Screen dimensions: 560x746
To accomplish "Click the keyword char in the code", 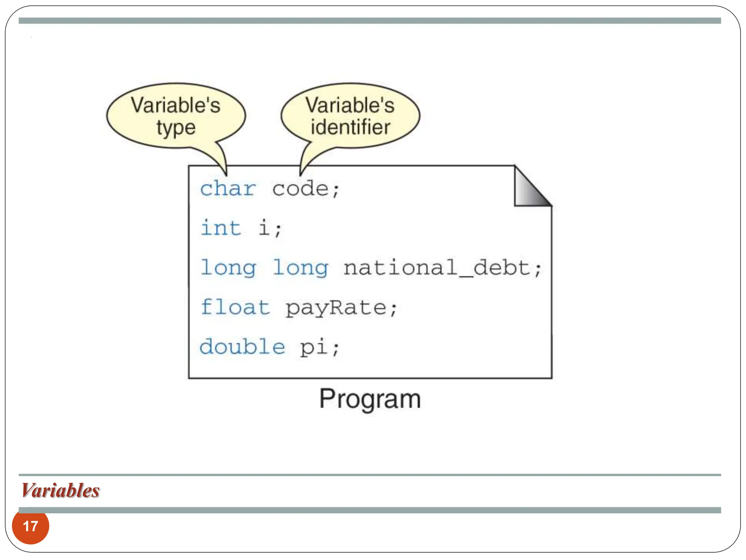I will click(228, 189).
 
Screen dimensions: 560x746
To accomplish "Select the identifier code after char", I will click(300, 189).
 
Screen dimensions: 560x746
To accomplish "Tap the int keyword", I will click(221, 228).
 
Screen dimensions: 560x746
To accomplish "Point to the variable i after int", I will click(264, 228).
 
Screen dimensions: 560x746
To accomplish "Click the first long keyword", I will click(228, 268).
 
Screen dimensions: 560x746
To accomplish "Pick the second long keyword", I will click(300, 268).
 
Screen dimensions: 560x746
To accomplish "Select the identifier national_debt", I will click(436, 268).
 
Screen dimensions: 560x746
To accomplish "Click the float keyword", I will click(235, 307).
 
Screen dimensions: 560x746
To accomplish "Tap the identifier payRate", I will click(335, 308).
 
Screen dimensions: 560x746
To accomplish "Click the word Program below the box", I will click(370, 399).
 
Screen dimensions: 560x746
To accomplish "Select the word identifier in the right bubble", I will click(350, 127).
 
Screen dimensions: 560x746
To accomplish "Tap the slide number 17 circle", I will click(30, 526).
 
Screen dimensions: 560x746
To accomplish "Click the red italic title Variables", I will click(60, 490).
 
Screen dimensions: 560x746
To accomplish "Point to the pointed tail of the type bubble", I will click(224, 166).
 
